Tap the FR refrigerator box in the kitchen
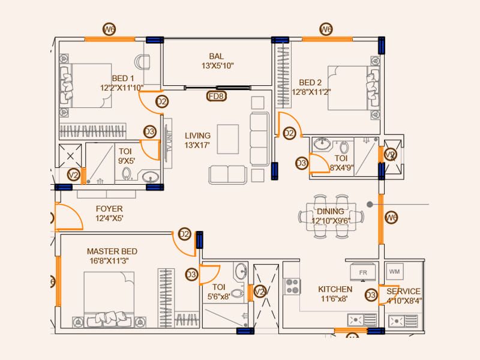click(362, 272)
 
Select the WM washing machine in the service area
click(394, 272)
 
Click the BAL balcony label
click(208, 56)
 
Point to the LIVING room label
click(198, 136)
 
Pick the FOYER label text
click(109, 209)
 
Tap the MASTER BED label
click(112, 251)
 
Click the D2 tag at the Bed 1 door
click(161, 102)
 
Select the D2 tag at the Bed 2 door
click(290, 133)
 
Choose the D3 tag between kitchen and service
click(371, 295)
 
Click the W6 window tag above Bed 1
click(109, 29)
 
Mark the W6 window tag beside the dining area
click(391, 217)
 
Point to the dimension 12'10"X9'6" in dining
click(330, 220)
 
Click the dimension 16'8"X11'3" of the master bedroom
click(112, 260)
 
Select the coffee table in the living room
click(227, 139)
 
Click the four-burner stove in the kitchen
click(292, 286)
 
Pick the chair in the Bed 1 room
click(143, 62)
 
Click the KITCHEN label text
click(335, 289)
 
